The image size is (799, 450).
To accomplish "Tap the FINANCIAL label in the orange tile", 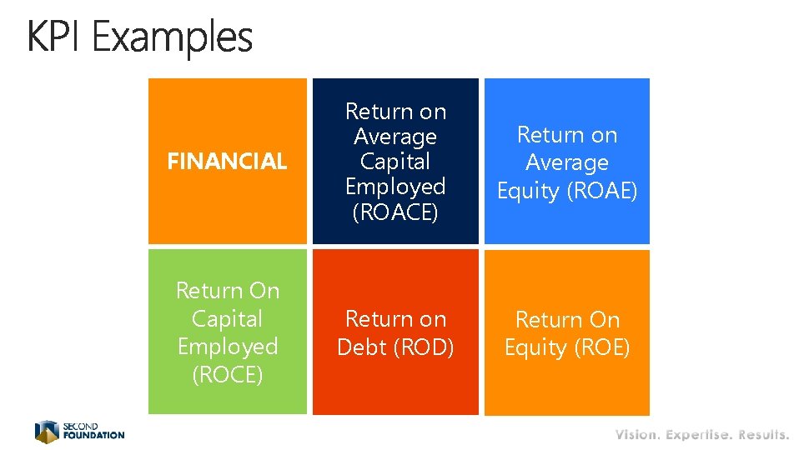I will point(227,162).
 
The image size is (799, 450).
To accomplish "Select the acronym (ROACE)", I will point(395,212).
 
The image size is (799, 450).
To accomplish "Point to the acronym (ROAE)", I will point(602,191).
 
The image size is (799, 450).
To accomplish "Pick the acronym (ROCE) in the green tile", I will point(228,375).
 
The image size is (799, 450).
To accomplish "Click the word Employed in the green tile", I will point(228,347).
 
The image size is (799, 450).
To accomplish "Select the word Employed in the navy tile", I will point(395,187).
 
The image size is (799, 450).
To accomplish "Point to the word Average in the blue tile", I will point(567,162).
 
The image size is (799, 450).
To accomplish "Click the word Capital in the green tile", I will point(228,318).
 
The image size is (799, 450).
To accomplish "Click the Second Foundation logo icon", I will point(46,431).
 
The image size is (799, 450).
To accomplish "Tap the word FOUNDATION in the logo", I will point(93,435).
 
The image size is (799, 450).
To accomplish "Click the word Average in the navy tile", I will point(395,137).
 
